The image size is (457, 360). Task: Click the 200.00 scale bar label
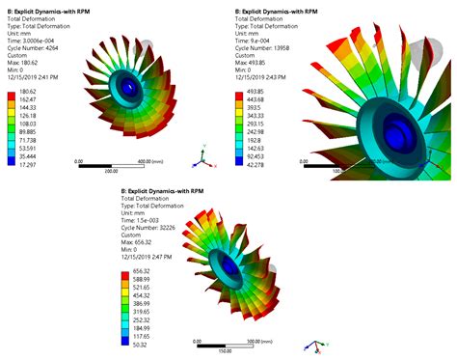(x=111, y=170)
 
